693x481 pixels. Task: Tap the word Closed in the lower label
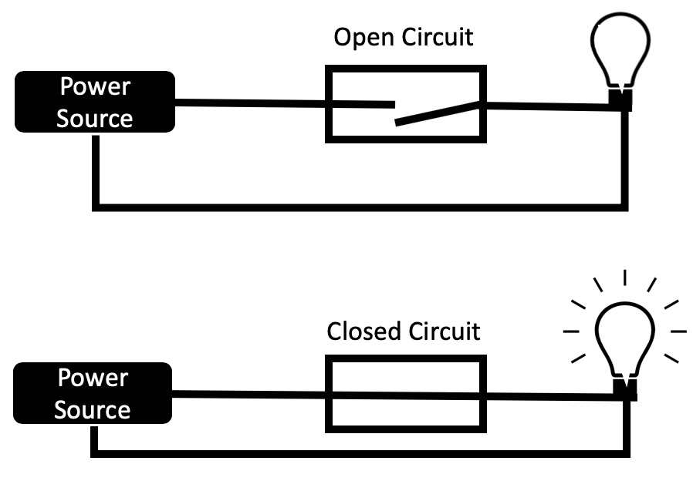pos(365,331)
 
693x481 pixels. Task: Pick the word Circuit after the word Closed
pos(445,331)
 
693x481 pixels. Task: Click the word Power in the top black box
pos(96,87)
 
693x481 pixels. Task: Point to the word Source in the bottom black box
pos(92,409)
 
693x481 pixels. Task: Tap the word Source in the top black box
pos(95,119)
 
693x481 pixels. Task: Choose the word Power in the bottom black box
pos(93,378)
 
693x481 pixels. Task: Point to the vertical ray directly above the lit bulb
pos(624,278)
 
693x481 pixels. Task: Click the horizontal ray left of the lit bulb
pos(571,331)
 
